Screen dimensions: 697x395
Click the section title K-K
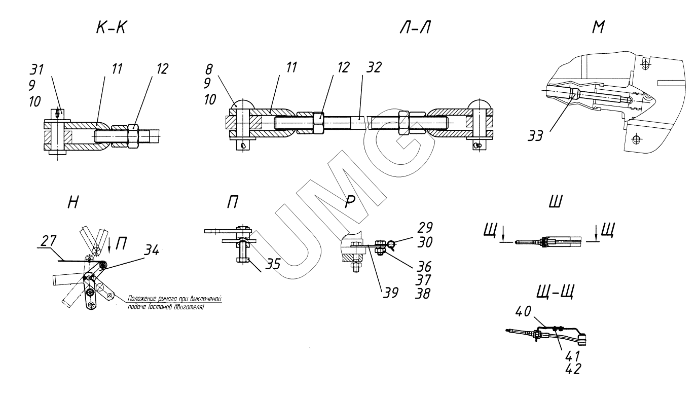(x=112, y=28)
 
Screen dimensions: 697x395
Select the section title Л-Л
(x=415, y=28)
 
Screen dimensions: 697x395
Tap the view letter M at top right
(x=598, y=27)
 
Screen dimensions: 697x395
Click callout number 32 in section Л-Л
(x=374, y=67)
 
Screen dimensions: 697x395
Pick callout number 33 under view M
(x=535, y=136)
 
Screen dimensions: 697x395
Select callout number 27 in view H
(x=49, y=241)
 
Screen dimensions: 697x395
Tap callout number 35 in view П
(x=273, y=264)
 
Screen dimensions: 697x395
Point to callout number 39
(x=390, y=293)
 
